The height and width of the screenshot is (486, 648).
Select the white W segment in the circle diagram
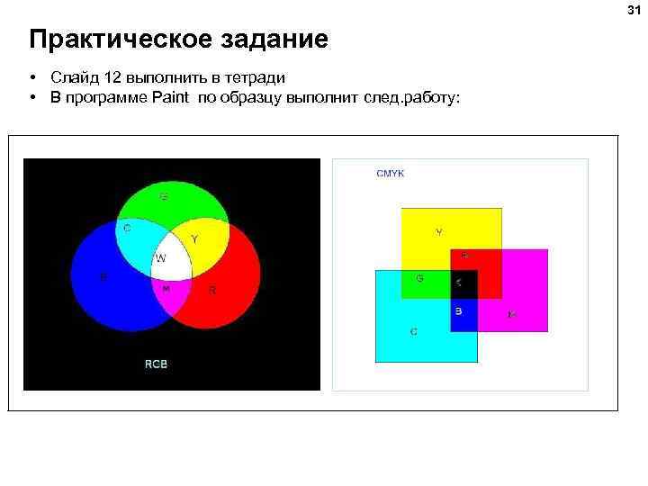coord(171,261)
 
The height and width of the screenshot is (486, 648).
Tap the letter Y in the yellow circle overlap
coord(195,239)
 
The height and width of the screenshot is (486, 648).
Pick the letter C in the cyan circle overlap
coord(127,229)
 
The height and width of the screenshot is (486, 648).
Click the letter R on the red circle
coord(212,290)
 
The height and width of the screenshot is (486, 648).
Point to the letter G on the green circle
coord(164,196)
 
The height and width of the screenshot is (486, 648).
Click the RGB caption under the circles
coord(157,364)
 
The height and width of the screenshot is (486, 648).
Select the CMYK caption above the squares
coord(391,174)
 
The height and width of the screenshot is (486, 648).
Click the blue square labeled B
coord(462,315)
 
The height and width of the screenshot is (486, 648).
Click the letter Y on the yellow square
coord(439,232)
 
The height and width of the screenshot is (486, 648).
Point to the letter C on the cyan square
coord(414,331)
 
